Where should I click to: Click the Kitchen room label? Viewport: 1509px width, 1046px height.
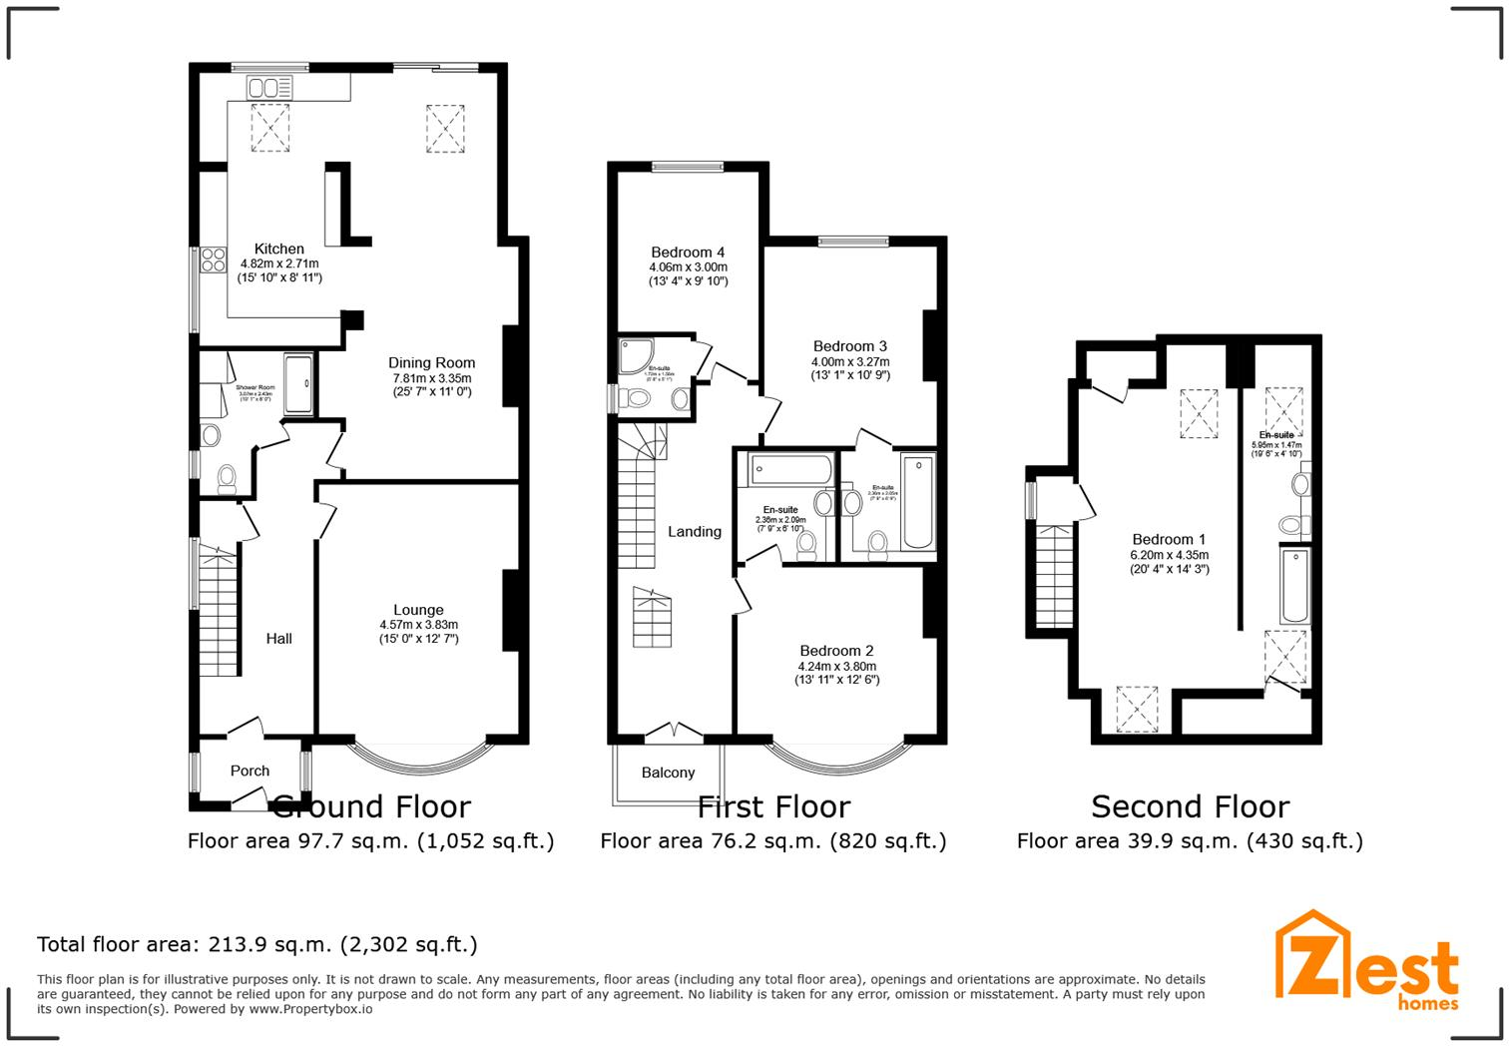278,249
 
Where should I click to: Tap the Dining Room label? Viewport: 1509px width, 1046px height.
431,363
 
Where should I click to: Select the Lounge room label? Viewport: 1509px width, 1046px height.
418,610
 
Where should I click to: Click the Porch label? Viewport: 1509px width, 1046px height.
250,771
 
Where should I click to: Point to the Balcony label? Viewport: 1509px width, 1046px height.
668,773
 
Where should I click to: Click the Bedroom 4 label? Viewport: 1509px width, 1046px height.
688,253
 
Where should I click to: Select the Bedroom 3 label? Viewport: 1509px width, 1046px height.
849,346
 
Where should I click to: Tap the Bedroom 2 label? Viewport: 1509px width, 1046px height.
836,651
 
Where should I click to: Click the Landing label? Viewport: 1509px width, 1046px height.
694,532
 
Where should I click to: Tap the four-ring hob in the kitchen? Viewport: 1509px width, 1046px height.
213,260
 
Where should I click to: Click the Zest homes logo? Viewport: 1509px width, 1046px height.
1367,960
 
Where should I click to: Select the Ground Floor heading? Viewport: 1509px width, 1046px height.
370,806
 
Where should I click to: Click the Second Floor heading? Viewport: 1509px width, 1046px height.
1190,806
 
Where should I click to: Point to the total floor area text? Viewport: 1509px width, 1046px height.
257,944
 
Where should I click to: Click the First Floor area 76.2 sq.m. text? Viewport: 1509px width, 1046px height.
772,841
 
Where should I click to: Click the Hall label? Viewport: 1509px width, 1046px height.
278,639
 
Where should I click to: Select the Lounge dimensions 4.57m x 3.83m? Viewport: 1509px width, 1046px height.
418,625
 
